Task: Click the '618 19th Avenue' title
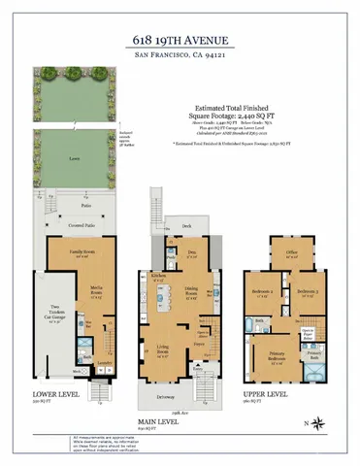[x=180, y=41]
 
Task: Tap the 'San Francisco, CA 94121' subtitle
[x=180, y=58]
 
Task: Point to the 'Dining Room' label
[x=193, y=288]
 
